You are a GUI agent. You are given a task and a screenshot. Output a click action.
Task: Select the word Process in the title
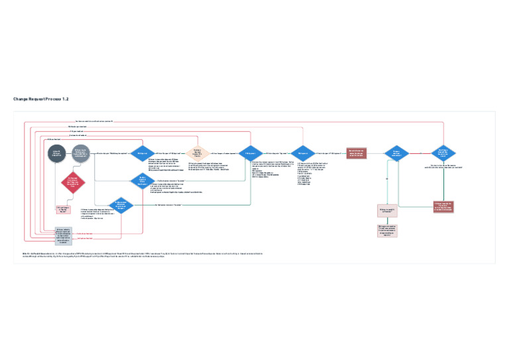coord(52,99)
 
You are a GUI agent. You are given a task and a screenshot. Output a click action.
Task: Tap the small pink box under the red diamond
coord(63,209)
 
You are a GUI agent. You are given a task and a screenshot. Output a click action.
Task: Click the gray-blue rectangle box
coord(63,236)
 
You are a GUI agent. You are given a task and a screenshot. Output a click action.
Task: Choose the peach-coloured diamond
coord(197,154)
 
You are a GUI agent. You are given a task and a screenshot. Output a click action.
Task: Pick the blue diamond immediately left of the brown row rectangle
coord(302,154)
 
